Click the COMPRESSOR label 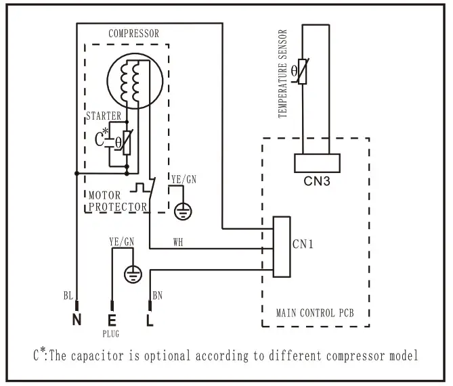(134, 33)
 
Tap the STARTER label (103, 116)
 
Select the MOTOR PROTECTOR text (118, 201)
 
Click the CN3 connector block (316, 164)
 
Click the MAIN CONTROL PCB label (315, 313)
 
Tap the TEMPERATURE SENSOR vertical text (282, 74)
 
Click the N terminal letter (77, 320)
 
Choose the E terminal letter (111, 320)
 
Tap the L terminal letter (150, 320)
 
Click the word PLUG (111, 333)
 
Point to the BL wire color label (68, 295)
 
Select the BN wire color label (157, 295)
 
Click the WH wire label (177, 241)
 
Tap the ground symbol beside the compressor (181, 211)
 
